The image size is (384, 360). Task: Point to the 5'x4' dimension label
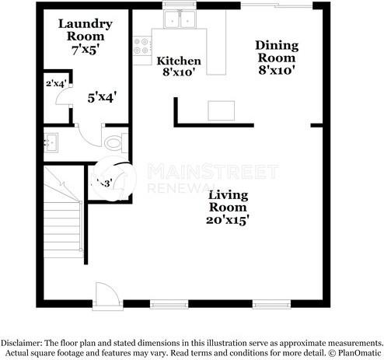click(x=102, y=98)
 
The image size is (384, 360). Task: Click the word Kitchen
click(x=179, y=61)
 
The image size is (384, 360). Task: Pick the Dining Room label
click(x=276, y=51)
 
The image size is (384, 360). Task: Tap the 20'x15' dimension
click(x=228, y=220)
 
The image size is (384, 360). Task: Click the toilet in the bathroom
click(x=113, y=142)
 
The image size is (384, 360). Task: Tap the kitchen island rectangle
click(x=221, y=110)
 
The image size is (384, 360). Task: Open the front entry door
click(x=105, y=295)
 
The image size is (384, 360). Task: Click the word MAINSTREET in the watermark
click(x=212, y=171)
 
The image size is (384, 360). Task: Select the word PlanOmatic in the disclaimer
click(x=357, y=352)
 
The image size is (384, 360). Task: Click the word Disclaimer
click(x=23, y=342)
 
